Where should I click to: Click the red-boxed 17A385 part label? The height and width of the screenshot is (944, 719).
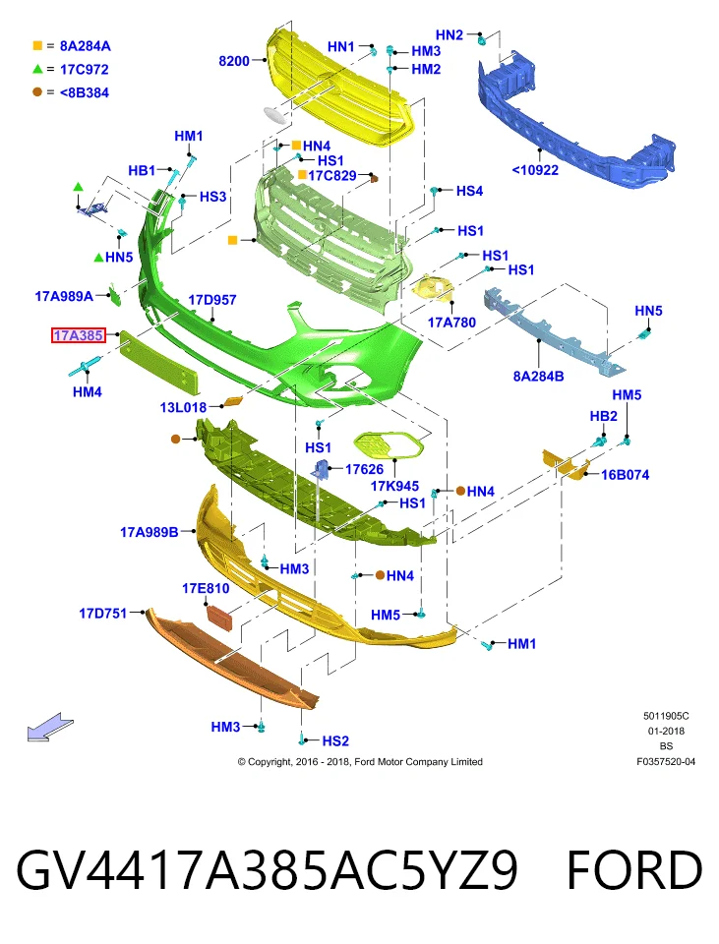79,335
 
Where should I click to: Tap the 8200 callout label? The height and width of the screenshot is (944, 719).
234,61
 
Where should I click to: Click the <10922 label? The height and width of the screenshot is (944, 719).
535,170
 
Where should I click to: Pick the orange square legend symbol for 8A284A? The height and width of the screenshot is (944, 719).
37,46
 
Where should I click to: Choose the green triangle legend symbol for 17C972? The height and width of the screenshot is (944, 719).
37,69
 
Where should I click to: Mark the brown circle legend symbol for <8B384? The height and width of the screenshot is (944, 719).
37,92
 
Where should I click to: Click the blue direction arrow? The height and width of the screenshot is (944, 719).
50,727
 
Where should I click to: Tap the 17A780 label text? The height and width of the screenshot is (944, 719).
451,323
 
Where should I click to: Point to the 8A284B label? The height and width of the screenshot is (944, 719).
538,377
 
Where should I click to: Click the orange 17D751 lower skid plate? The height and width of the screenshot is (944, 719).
232,659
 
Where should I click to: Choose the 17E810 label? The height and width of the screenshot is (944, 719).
206,588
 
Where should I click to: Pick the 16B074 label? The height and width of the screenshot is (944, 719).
625,475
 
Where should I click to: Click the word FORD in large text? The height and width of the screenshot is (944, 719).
634,870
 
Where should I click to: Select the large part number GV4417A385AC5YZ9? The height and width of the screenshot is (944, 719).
267,870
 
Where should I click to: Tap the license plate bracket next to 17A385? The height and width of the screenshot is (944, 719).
159,361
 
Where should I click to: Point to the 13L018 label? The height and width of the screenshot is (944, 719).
183,407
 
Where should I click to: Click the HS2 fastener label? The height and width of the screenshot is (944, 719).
335,741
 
